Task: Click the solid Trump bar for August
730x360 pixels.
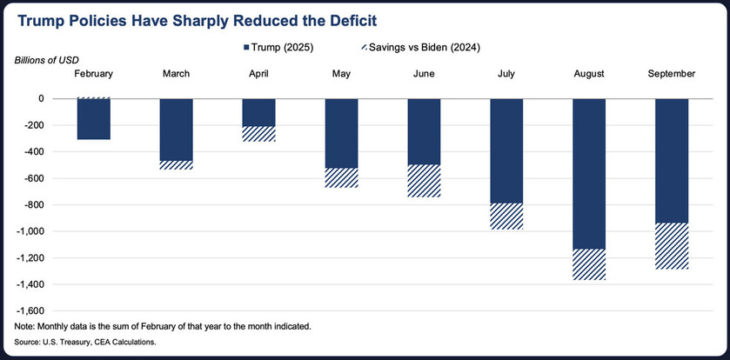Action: coord(588,174)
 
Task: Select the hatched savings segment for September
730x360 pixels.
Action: coord(671,246)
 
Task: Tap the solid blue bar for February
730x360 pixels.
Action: coord(94,119)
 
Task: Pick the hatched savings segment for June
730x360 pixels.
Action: coord(424,180)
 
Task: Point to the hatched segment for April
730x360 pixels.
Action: coord(258,134)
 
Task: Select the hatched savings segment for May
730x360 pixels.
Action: coord(341,177)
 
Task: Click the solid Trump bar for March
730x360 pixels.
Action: coord(177,130)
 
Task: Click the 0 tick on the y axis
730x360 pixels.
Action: coord(40,99)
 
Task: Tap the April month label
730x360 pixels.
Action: coord(258,75)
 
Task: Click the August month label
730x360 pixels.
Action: coord(588,75)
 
